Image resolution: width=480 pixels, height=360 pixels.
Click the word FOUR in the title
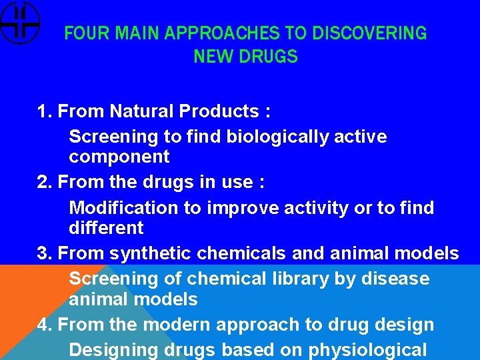click(79, 33)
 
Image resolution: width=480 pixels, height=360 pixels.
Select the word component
click(119, 157)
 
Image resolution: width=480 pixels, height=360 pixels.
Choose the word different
click(106, 228)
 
